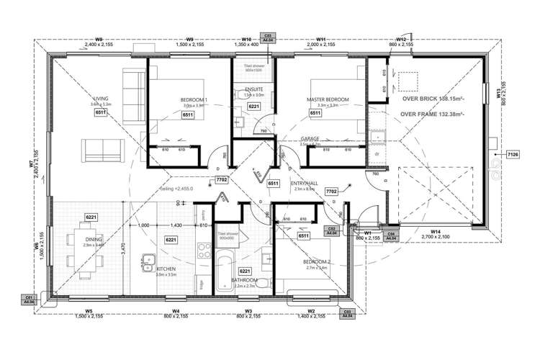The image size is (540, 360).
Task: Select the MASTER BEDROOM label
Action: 328,99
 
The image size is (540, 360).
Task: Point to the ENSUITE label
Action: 254,89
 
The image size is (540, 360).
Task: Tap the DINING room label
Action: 93,239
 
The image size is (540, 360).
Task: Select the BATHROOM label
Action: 243,280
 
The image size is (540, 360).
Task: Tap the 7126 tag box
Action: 513,154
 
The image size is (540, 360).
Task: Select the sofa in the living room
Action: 100,150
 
